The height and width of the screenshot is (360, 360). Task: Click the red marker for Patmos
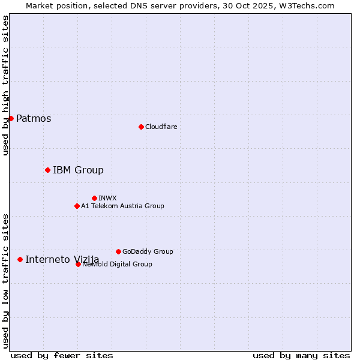11,118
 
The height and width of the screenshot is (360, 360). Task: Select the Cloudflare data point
141,127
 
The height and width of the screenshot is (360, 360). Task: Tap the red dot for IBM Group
47,170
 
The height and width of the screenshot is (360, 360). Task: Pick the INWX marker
94,198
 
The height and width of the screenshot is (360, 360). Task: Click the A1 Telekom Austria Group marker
77,206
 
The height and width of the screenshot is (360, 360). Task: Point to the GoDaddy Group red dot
118,251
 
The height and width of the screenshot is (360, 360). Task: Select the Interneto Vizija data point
20,259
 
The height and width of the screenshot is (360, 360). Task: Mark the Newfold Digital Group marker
78,264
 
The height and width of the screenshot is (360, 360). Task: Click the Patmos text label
34,118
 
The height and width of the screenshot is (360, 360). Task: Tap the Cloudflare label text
161,127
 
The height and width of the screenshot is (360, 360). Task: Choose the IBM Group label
78,170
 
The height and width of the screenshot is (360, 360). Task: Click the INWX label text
107,198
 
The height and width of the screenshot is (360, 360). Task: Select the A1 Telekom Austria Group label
122,206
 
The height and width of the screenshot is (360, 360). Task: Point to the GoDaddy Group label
148,251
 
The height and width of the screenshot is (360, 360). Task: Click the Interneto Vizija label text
62,259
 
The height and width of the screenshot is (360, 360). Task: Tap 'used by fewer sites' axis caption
62,355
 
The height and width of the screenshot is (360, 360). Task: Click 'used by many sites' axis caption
301,355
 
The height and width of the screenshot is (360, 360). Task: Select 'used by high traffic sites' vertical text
5,85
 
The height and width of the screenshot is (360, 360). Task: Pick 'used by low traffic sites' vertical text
5,280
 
